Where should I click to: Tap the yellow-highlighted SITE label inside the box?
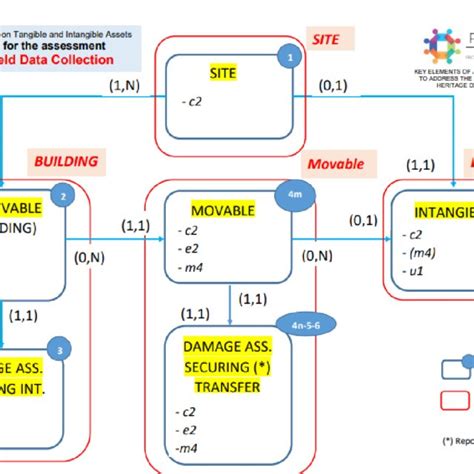(x=223, y=73)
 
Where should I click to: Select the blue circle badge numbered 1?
(x=291, y=58)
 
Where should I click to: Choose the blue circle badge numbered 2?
(x=63, y=197)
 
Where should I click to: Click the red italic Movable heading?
(x=336, y=163)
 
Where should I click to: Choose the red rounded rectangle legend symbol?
(x=452, y=400)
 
